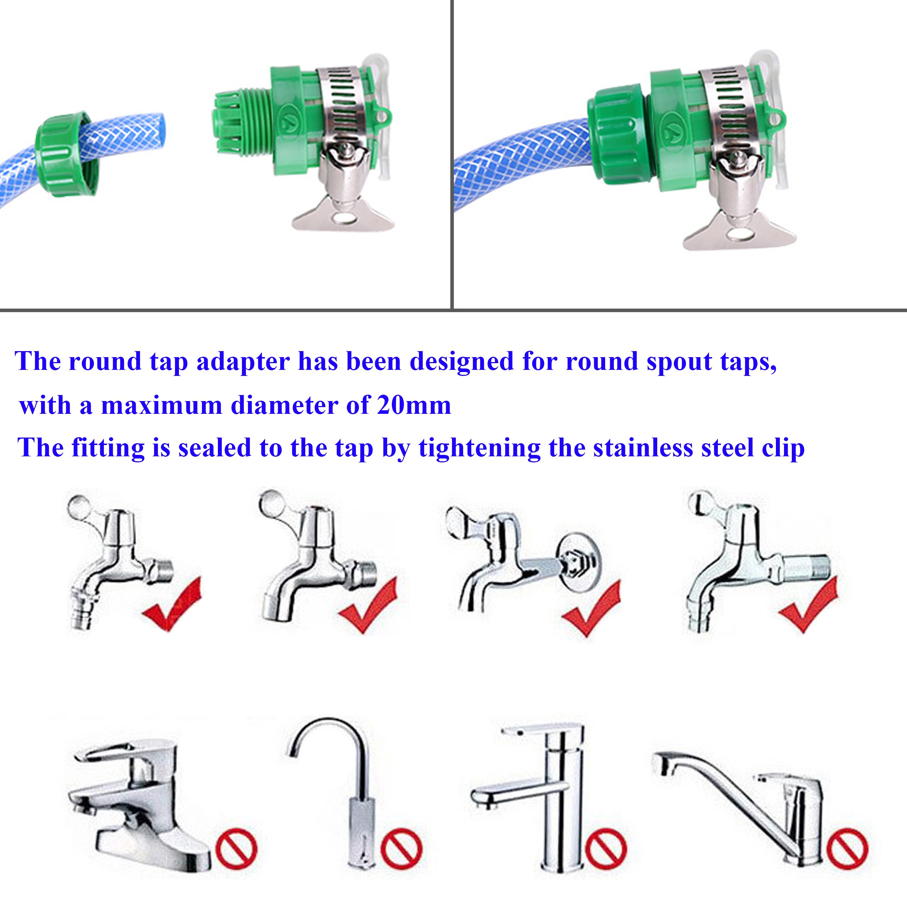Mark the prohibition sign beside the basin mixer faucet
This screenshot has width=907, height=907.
tap(236, 849)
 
